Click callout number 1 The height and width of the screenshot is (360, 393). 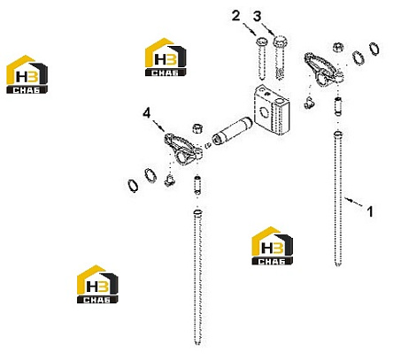[370, 211]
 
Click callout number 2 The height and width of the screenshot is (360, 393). [235, 16]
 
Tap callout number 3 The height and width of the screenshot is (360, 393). [258, 17]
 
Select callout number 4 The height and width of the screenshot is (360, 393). [147, 112]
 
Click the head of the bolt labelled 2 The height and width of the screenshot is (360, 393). [262, 42]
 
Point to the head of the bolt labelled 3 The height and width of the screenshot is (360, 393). [280, 41]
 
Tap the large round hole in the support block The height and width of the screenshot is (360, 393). [265, 111]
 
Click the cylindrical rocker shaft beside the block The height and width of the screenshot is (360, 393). [232, 134]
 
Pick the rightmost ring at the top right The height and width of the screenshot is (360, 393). [374, 49]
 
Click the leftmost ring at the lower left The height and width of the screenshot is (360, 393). [133, 186]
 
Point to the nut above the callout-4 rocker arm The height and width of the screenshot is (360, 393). [197, 128]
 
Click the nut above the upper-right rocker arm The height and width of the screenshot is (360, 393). [338, 47]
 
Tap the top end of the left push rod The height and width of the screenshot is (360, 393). [198, 212]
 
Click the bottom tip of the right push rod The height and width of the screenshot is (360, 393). [338, 265]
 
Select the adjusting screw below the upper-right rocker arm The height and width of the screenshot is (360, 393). [338, 106]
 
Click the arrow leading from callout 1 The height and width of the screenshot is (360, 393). [353, 203]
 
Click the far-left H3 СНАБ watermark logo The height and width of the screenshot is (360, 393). [27, 74]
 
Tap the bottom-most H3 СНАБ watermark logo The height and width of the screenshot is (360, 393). [97, 284]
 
